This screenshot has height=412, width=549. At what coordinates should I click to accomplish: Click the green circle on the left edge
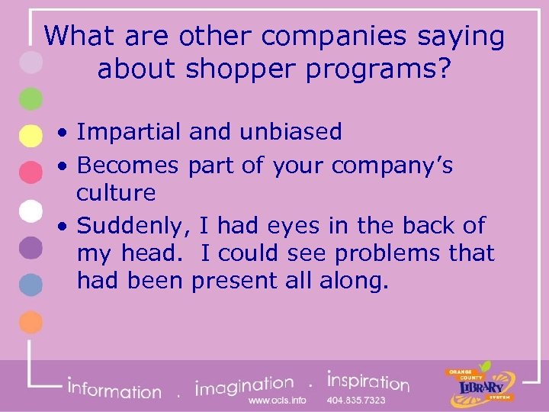pos(30,98)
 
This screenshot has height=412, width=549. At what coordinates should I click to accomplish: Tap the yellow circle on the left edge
pos(30,136)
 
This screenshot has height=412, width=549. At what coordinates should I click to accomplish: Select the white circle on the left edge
pos(30,211)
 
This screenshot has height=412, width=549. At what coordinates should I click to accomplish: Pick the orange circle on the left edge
pos(30,322)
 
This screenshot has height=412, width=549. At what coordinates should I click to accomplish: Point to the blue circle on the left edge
pos(30,285)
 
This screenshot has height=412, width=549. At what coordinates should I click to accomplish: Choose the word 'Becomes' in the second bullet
pos(128,165)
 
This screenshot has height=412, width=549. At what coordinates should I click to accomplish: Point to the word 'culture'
pos(116,192)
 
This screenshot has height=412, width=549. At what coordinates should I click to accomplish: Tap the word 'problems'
pos(399,253)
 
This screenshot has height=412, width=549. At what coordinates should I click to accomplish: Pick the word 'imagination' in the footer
pos(245,386)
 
